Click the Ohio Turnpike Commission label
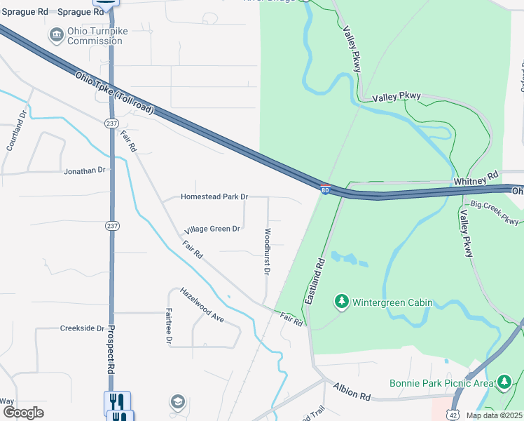pyautogui.click(x=95, y=36)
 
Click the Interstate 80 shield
pyautogui.click(x=326, y=191)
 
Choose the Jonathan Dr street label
pyautogui.click(x=84, y=171)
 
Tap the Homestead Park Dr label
pyautogui.click(x=214, y=197)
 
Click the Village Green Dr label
pyautogui.click(x=212, y=229)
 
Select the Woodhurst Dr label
pyautogui.click(x=268, y=250)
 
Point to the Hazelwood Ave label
pyautogui.click(x=202, y=305)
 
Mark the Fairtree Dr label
pyautogui.click(x=169, y=326)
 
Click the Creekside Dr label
pyautogui.click(x=82, y=328)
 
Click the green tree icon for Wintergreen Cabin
pyautogui.click(x=342, y=302)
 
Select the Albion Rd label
pyautogui.click(x=352, y=392)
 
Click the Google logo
pyautogui.click(x=23, y=413)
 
